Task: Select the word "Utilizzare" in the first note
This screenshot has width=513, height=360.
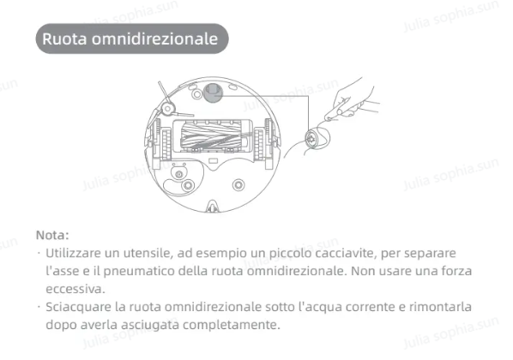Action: coord(74,255)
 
